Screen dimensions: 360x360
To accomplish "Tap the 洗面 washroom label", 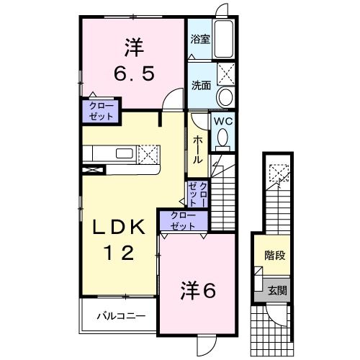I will click(200, 84).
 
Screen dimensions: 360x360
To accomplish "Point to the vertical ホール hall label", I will click(197, 150).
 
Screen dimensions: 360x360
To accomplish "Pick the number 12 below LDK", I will click(116, 253).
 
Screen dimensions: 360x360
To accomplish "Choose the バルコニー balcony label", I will click(122, 315).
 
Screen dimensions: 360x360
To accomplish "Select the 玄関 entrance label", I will click(278, 291).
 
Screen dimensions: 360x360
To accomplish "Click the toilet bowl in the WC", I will click(222, 136).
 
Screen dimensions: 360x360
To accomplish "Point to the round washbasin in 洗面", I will click(224, 98).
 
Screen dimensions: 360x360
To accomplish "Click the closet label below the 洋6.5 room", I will click(101, 112).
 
